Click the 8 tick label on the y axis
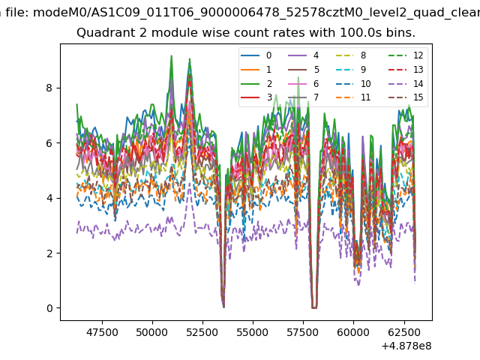point(49,88)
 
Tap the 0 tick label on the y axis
point(49,308)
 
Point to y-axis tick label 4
point(49,198)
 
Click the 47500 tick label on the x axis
point(102,331)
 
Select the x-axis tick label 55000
point(253,331)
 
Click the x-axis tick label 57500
point(303,331)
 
